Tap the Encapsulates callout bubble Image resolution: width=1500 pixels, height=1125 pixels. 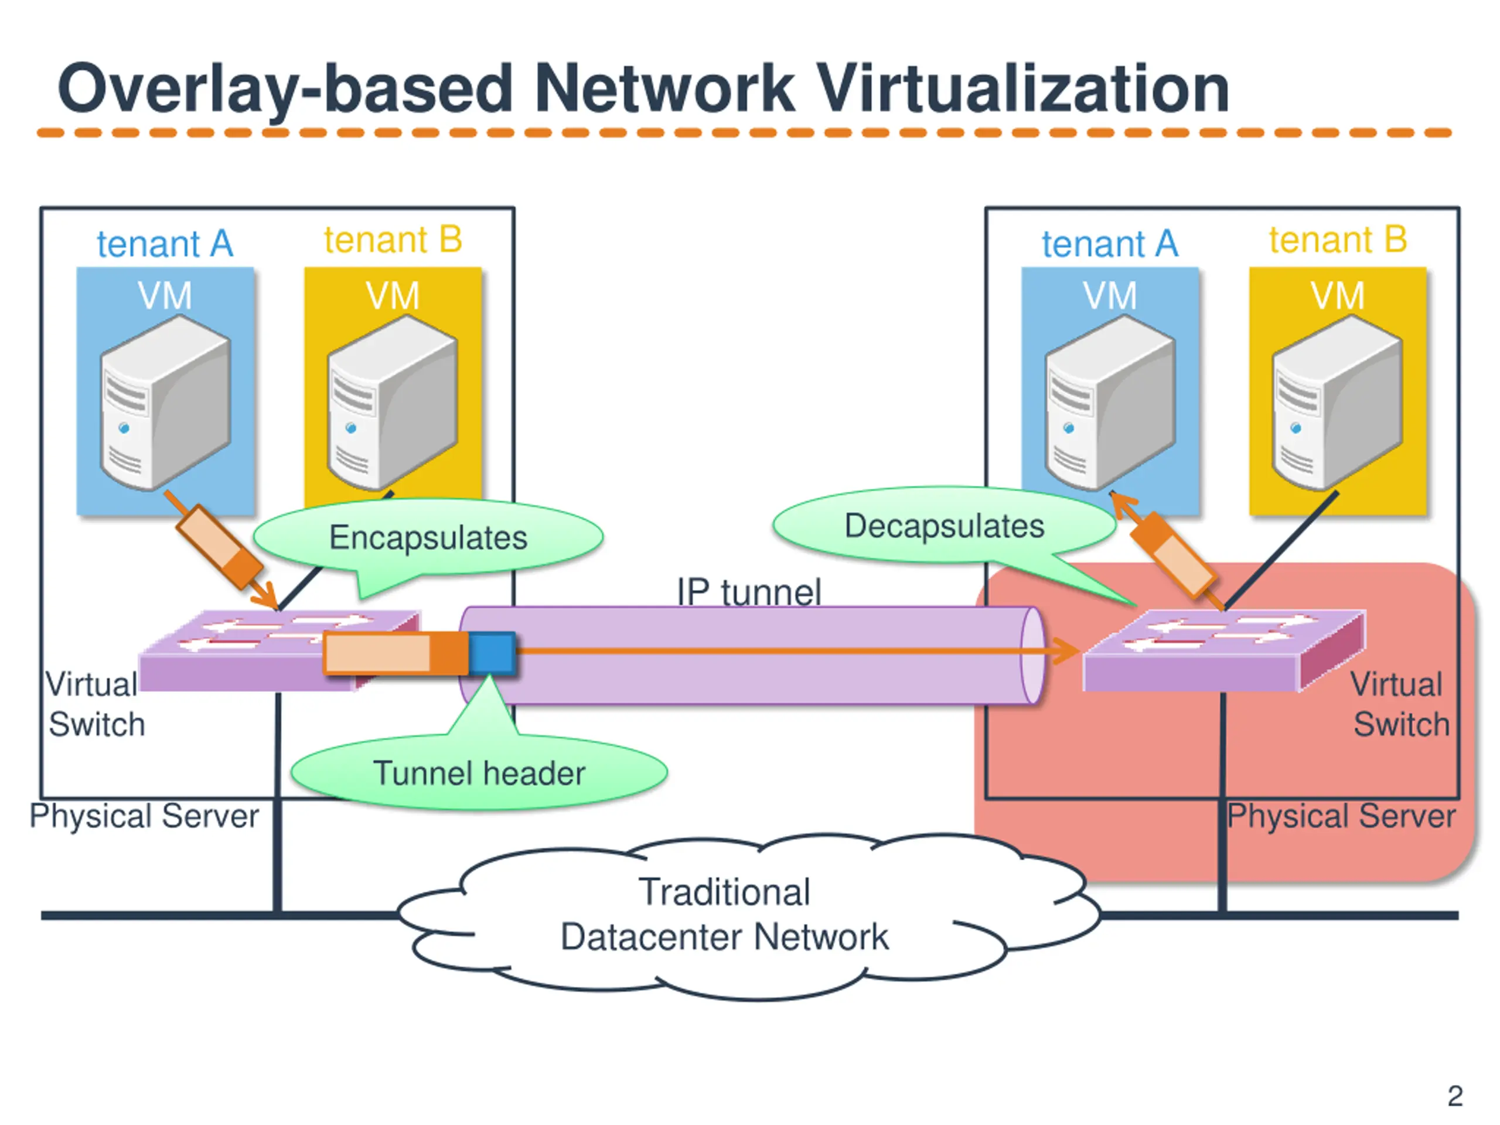coord(428,538)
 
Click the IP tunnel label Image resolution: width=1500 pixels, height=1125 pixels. coord(749,591)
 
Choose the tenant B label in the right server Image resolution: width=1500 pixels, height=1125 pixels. coord(1338,240)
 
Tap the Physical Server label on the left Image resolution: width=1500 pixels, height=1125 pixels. coord(144,816)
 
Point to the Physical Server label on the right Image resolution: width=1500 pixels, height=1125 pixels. coord(1341,816)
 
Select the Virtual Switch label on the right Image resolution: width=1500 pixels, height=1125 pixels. coord(1399,704)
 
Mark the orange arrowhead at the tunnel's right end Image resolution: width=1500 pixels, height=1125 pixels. coord(1066,651)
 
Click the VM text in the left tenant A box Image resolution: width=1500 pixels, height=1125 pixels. coord(165,296)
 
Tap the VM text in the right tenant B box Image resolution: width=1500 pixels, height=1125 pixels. coord(1337,296)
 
